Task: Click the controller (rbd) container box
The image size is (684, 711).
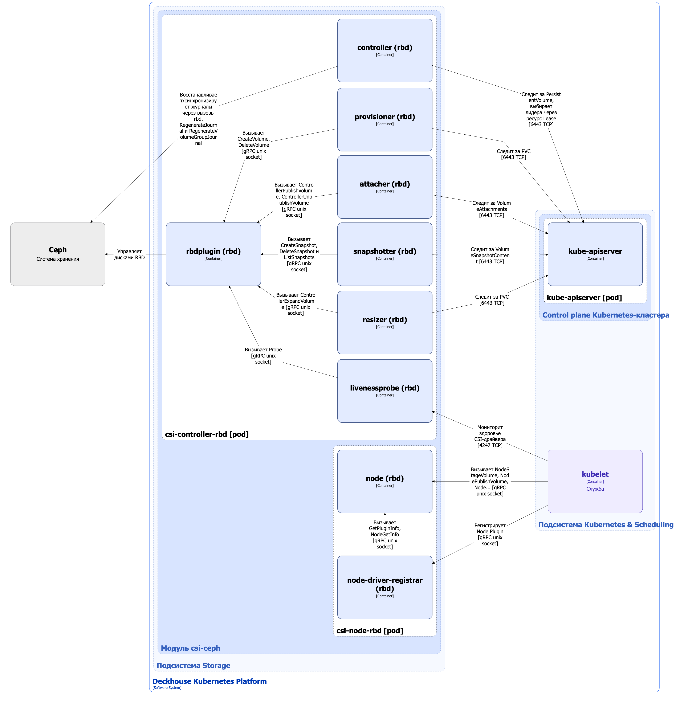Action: click(385, 50)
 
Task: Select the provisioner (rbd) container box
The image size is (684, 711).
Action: click(385, 120)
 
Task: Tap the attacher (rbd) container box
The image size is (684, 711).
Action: click(385, 187)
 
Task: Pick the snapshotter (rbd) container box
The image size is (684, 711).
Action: click(385, 254)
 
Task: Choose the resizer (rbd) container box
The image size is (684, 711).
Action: click(385, 323)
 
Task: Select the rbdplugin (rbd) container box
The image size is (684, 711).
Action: click(213, 254)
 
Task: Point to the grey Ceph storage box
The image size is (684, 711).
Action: click(58, 254)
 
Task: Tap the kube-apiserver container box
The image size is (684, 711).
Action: click(595, 254)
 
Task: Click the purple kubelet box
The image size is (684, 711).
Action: click(595, 481)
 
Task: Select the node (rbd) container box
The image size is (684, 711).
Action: click(385, 481)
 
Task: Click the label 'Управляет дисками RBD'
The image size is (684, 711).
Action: click(130, 254)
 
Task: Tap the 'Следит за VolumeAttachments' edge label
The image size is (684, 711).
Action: click(492, 209)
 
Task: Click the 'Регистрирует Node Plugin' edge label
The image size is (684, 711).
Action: click(490, 534)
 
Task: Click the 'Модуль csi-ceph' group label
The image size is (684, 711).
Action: click(191, 648)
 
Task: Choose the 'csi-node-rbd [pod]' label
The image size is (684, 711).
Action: click(370, 630)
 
